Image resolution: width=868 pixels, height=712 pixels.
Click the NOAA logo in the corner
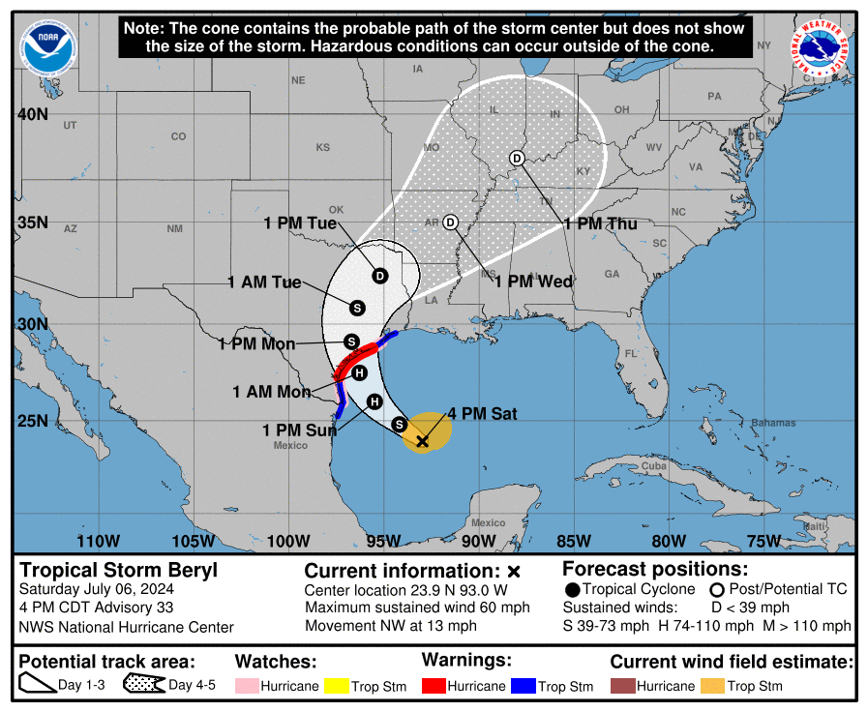[45, 49]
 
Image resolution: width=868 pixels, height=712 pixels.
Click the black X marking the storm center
[422, 441]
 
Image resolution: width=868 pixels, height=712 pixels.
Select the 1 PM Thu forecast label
[601, 223]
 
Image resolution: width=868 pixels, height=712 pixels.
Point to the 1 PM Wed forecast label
[533, 282]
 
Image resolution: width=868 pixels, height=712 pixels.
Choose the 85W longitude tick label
[573, 541]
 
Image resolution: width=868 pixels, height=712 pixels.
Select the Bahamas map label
[774, 423]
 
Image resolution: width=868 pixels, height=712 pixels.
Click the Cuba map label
[654, 467]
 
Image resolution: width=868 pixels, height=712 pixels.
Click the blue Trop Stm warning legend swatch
[523, 686]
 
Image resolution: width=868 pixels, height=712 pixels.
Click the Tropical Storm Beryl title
[119, 570]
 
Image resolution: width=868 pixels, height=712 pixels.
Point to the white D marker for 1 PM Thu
[517, 159]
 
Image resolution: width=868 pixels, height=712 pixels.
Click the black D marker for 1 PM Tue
[380, 276]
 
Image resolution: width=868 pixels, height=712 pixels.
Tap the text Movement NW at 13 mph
[391, 625]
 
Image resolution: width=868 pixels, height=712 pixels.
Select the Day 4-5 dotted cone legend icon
[143, 686]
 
